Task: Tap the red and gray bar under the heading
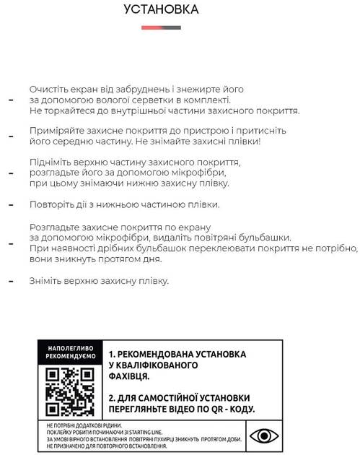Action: pos(161,27)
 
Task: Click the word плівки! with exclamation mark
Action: pos(244,142)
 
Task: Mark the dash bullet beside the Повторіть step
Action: pos(10,205)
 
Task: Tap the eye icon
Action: pos(264,436)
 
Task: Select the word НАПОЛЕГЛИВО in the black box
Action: pos(70,348)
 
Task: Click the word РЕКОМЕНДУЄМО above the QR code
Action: pos(70,357)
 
